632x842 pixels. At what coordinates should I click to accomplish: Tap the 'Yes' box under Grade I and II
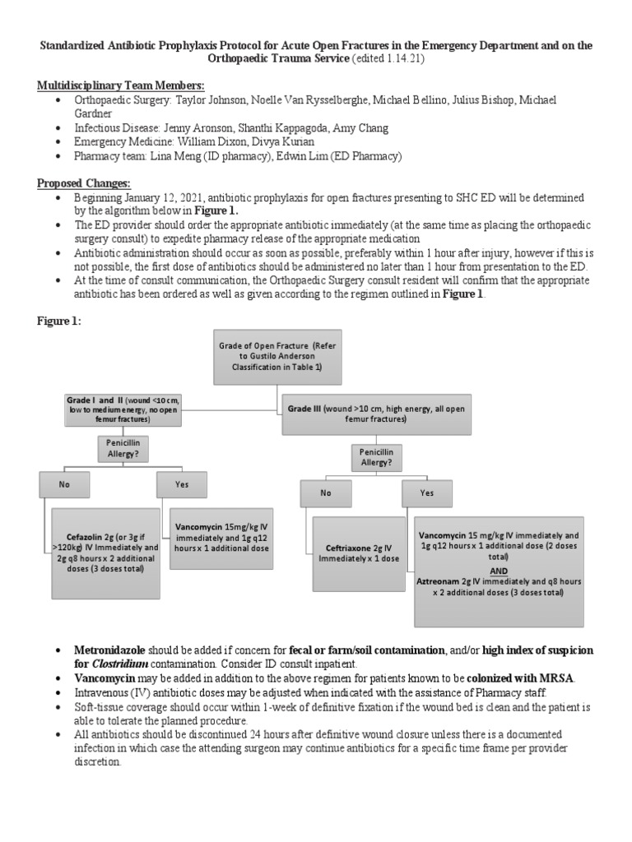182,485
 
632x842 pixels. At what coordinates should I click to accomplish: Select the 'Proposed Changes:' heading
84,183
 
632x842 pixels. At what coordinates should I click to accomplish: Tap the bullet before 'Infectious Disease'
57,127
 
